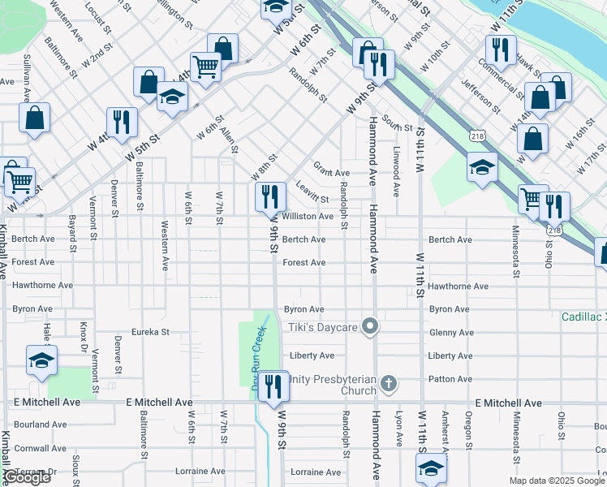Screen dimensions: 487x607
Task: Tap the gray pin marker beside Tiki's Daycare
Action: (x=371, y=326)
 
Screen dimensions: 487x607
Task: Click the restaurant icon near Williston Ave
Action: (x=270, y=196)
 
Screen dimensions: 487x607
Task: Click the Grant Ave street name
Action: (x=331, y=172)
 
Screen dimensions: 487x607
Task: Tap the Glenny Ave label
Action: (x=450, y=332)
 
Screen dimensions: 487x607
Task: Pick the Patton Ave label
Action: (x=450, y=379)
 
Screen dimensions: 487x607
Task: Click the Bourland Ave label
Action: (x=40, y=425)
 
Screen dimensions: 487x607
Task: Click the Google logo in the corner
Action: (x=28, y=477)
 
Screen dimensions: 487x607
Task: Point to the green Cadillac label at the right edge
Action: (x=583, y=317)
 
